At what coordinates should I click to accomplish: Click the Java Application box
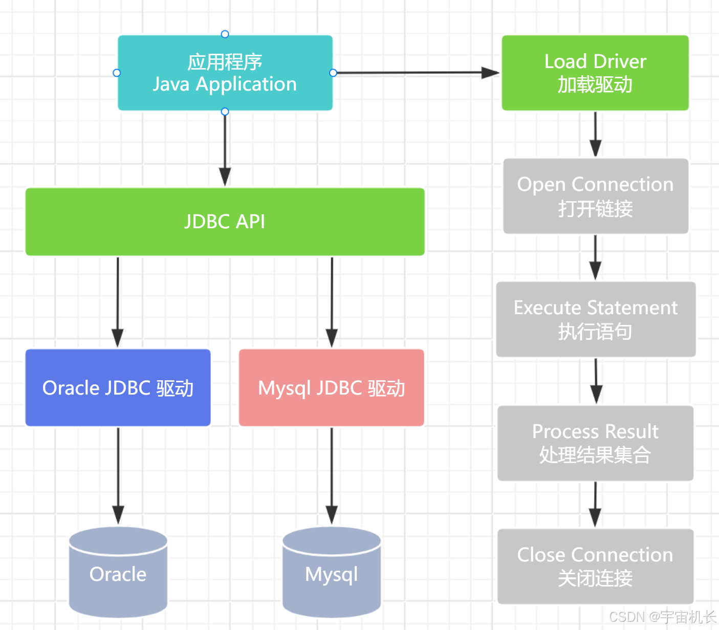tap(225, 73)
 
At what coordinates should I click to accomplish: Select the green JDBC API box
tap(225, 222)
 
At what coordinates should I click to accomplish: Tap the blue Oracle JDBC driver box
tap(118, 387)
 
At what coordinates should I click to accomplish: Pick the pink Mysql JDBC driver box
tap(331, 387)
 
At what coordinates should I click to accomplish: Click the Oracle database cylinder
tap(118, 573)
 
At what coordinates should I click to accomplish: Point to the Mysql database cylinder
tap(332, 573)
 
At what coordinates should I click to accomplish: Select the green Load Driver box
tap(595, 73)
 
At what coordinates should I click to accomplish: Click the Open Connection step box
tap(595, 196)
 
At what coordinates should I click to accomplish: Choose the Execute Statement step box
tap(596, 319)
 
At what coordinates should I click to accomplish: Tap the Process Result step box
tap(595, 443)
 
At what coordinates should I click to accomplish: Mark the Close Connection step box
tap(595, 567)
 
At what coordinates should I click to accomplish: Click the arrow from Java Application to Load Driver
tap(415, 73)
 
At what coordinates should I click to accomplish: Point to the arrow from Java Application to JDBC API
tap(225, 148)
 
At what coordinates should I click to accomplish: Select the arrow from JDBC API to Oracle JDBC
tap(118, 302)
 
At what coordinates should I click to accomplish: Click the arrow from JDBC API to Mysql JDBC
tap(332, 302)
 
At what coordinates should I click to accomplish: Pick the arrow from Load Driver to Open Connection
tap(595, 134)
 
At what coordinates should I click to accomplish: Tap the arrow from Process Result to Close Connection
tap(595, 504)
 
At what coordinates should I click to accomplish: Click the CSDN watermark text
tap(662, 617)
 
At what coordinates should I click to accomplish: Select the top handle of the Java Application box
tap(225, 34)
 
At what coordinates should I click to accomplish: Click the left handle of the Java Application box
tap(117, 73)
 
